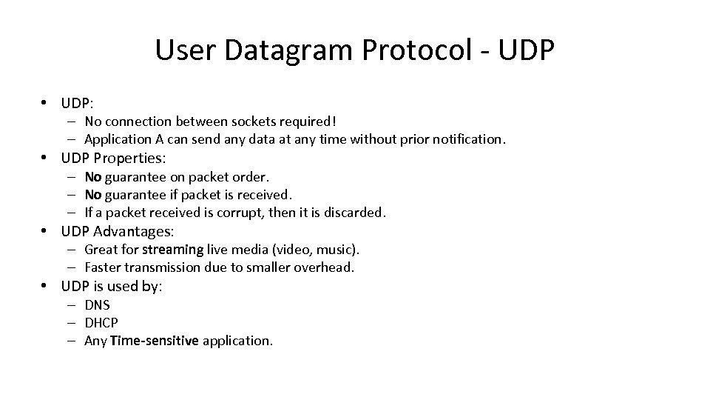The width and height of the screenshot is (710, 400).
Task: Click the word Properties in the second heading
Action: (130, 158)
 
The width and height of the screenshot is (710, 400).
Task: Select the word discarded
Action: (354, 213)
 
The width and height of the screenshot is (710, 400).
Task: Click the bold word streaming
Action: (172, 250)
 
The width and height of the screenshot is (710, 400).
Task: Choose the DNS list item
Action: (97, 304)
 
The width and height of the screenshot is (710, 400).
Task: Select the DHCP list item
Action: (101, 323)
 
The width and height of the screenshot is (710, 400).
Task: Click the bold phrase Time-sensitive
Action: (155, 341)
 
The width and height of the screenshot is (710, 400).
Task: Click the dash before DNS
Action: (77, 304)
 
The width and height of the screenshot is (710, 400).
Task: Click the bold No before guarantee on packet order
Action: (93, 177)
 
